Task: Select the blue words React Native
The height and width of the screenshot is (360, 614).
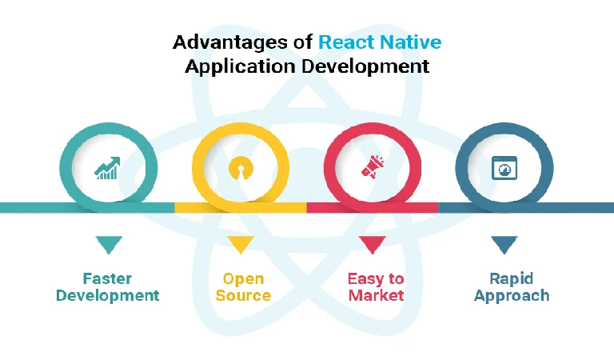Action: [x=380, y=42]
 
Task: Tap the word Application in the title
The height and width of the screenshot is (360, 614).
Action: [x=240, y=66]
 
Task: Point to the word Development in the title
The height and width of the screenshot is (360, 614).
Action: [x=365, y=66]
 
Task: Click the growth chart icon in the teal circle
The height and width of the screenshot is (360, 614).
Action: [x=108, y=169]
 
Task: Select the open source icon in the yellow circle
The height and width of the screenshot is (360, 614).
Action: [x=241, y=169]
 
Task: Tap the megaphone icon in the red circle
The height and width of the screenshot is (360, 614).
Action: [x=373, y=167]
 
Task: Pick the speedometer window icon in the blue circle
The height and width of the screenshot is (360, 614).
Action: [x=504, y=168]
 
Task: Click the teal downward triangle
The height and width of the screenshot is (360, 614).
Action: [x=109, y=245]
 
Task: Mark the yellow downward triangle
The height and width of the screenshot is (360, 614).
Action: [x=241, y=245]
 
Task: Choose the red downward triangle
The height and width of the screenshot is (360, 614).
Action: [x=373, y=245]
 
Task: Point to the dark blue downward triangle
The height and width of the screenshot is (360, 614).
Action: [x=504, y=245]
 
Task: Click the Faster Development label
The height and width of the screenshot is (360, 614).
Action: [x=108, y=287]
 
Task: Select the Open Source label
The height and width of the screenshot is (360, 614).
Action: [x=243, y=287]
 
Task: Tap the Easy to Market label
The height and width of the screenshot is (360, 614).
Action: [x=376, y=287]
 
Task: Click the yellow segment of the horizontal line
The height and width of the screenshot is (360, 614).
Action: [x=241, y=208]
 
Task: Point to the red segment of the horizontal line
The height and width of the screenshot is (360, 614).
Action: [x=373, y=208]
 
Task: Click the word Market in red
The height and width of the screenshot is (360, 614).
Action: [x=376, y=295]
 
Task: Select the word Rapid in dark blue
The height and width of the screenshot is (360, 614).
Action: [x=512, y=279]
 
